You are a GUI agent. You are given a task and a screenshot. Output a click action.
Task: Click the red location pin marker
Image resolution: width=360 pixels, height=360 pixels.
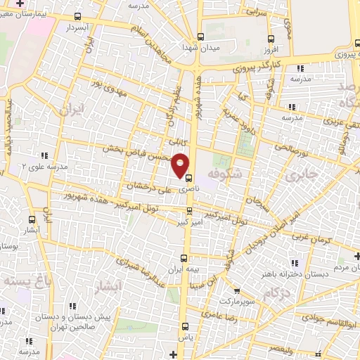pyautogui.click(x=181, y=165)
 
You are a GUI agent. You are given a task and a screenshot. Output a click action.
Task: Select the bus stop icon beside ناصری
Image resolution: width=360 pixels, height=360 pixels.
pyautogui.click(x=188, y=177)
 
